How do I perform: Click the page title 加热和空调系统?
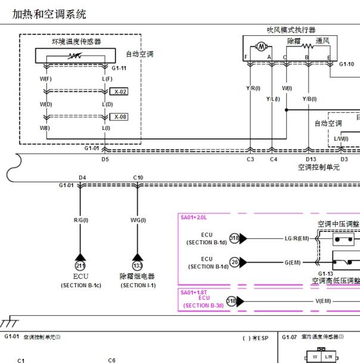pos(49,13)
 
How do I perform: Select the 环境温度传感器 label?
pos(76,41)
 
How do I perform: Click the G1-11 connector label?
pos(119,68)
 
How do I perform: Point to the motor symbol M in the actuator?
pos(260,46)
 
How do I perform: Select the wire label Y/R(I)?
pos(253,88)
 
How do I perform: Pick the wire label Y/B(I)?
pos(309,99)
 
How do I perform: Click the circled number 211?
pos(80,265)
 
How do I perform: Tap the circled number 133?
pos(138,265)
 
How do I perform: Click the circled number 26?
pos(234,261)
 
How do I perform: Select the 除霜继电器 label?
pos(138,277)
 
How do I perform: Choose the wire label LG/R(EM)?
pos(297,238)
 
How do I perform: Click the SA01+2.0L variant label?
pos(194,218)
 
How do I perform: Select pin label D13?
pos(311,159)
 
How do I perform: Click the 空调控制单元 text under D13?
pos(319,167)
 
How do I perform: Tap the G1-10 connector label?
pos(347,64)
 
